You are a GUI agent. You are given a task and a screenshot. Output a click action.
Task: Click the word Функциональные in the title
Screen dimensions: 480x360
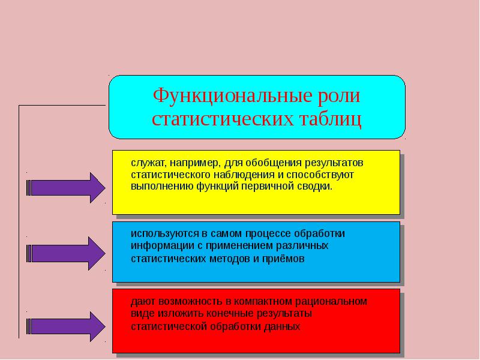tap(232, 96)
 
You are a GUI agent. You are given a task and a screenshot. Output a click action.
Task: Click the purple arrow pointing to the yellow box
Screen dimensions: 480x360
tap(66, 188)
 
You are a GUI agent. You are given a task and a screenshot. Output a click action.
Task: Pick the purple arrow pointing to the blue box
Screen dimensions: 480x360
tap(66, 253)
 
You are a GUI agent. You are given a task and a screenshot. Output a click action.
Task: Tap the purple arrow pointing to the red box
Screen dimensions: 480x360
tap(66, 326)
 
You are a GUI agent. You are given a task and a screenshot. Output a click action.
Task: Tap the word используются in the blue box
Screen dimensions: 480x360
tap(165, 234)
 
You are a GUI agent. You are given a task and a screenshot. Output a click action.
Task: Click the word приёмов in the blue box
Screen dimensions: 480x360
tap(283, 259)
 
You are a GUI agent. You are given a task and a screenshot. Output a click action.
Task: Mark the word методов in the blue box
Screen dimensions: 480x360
tap(230, 259)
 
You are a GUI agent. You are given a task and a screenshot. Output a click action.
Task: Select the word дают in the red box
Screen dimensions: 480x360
tap(143, 302)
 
